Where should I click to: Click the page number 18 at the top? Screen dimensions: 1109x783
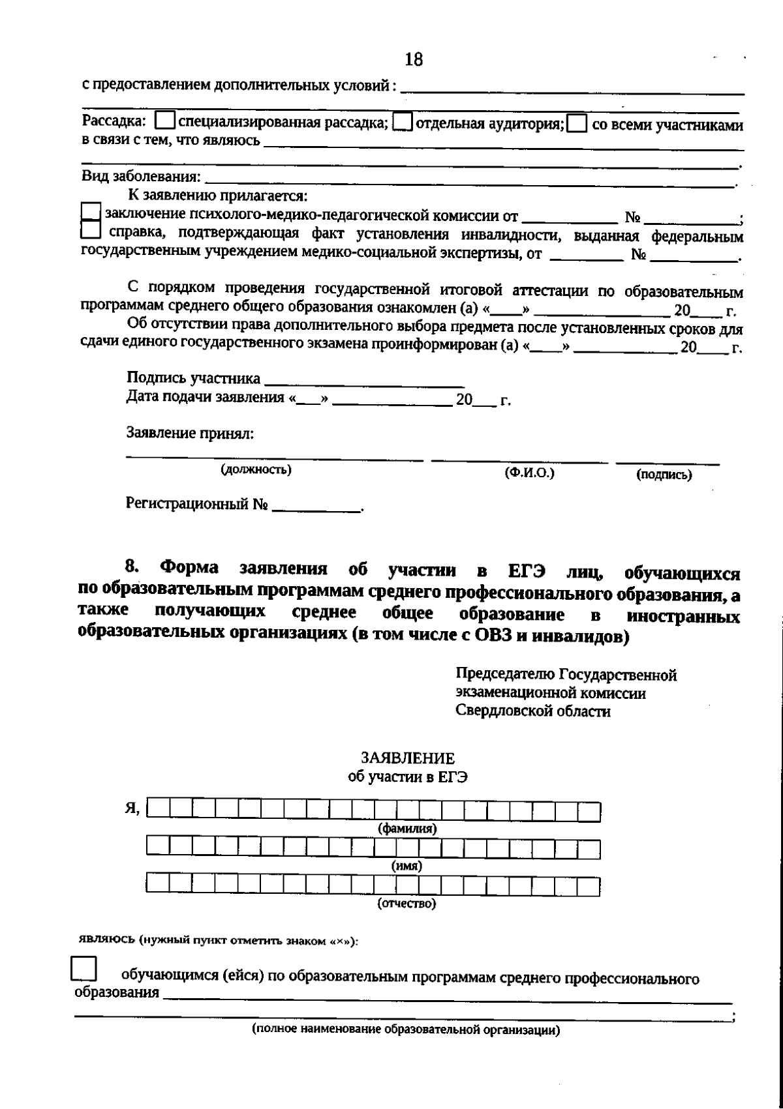pyautogui.click(x=413, y=60)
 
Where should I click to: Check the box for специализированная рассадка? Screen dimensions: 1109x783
pyautogui.click(x=166, y=122)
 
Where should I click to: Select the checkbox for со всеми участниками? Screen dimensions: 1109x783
pyautogui.click(x=577, y=124)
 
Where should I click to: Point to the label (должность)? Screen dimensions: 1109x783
pyautogui.click(x=256, y=469)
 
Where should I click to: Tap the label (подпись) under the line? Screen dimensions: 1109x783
pyautogui.click(x=664, y=475)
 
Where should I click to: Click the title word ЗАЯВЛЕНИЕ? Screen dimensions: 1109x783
pyautogui.click(x=408, y=758)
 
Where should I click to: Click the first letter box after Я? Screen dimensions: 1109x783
pyautogui.click(x=159, y=810)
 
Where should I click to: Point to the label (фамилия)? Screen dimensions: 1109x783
pyautogui.click(x=407, y=829)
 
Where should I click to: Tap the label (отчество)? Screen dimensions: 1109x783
pyautogui.click(x=407, y=904)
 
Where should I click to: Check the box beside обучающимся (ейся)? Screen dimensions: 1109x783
pyautogui.click(x=84, y=968)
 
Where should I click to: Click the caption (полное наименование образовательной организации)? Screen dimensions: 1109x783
pyautogui.click(x=407, y=1030)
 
